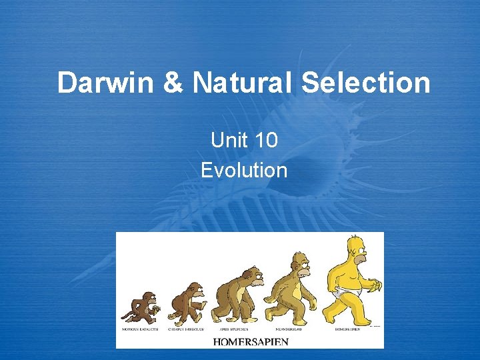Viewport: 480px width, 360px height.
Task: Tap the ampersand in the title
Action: (x=172, y=84)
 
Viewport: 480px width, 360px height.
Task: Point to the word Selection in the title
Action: (x=365, y=84)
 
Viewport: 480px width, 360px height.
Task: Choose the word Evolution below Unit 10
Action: (x=244, y=170)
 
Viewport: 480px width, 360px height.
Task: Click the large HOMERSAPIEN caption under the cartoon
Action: (x=251, y=341)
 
